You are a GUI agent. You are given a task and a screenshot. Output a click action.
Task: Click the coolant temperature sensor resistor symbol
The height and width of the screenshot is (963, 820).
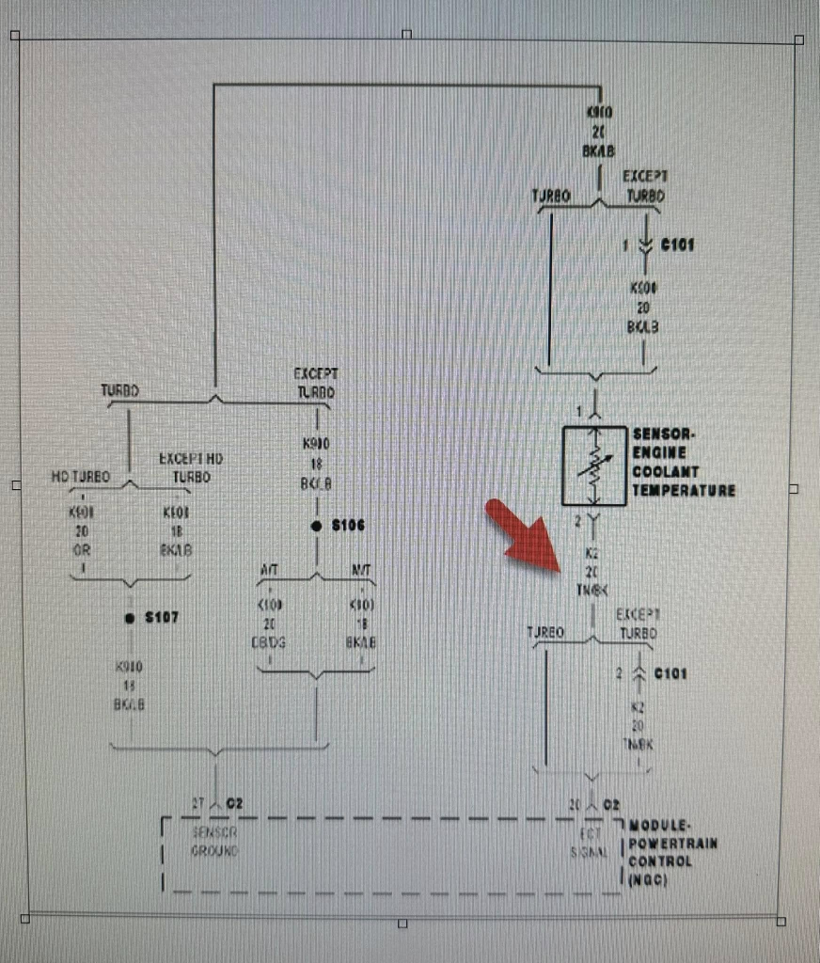pos(594,465)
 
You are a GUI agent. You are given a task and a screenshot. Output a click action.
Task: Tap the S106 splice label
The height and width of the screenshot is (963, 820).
pos(349,525)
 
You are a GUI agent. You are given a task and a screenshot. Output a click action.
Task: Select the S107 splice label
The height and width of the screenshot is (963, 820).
pos(162,618)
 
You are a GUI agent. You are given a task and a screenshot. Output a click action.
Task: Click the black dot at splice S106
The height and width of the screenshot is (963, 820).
pos(317,526)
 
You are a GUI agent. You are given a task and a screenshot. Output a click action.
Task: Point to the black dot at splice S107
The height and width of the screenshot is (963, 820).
pos(130,618)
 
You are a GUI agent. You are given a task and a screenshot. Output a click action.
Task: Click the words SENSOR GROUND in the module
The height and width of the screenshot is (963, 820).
pos(214,842)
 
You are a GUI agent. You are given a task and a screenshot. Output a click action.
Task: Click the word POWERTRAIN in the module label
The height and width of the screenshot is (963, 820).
pos(672,843)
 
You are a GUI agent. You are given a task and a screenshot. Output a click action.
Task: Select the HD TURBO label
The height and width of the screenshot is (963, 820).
pos(80,477)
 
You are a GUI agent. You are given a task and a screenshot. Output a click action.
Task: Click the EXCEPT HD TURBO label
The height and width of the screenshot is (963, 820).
pos(185,467)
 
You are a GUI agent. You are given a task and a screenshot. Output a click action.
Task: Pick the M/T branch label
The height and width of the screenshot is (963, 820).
pos(359,569)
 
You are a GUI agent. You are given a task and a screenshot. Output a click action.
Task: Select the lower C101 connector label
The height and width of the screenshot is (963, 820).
pos(671,673)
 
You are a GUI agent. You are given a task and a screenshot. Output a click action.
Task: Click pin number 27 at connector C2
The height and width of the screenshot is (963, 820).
pos(198,804)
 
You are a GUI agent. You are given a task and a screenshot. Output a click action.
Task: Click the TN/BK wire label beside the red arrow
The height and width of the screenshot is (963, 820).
pos(593,590)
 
